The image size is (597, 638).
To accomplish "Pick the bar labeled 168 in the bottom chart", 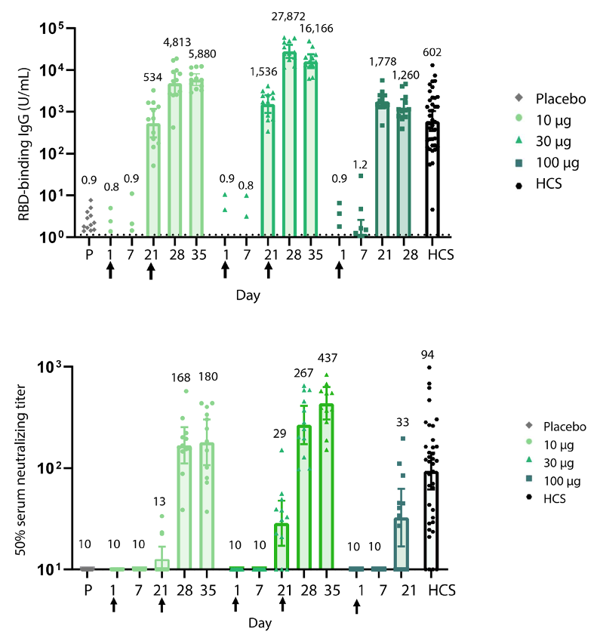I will pos(184,507).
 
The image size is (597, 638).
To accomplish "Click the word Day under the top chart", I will pos(248,295).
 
